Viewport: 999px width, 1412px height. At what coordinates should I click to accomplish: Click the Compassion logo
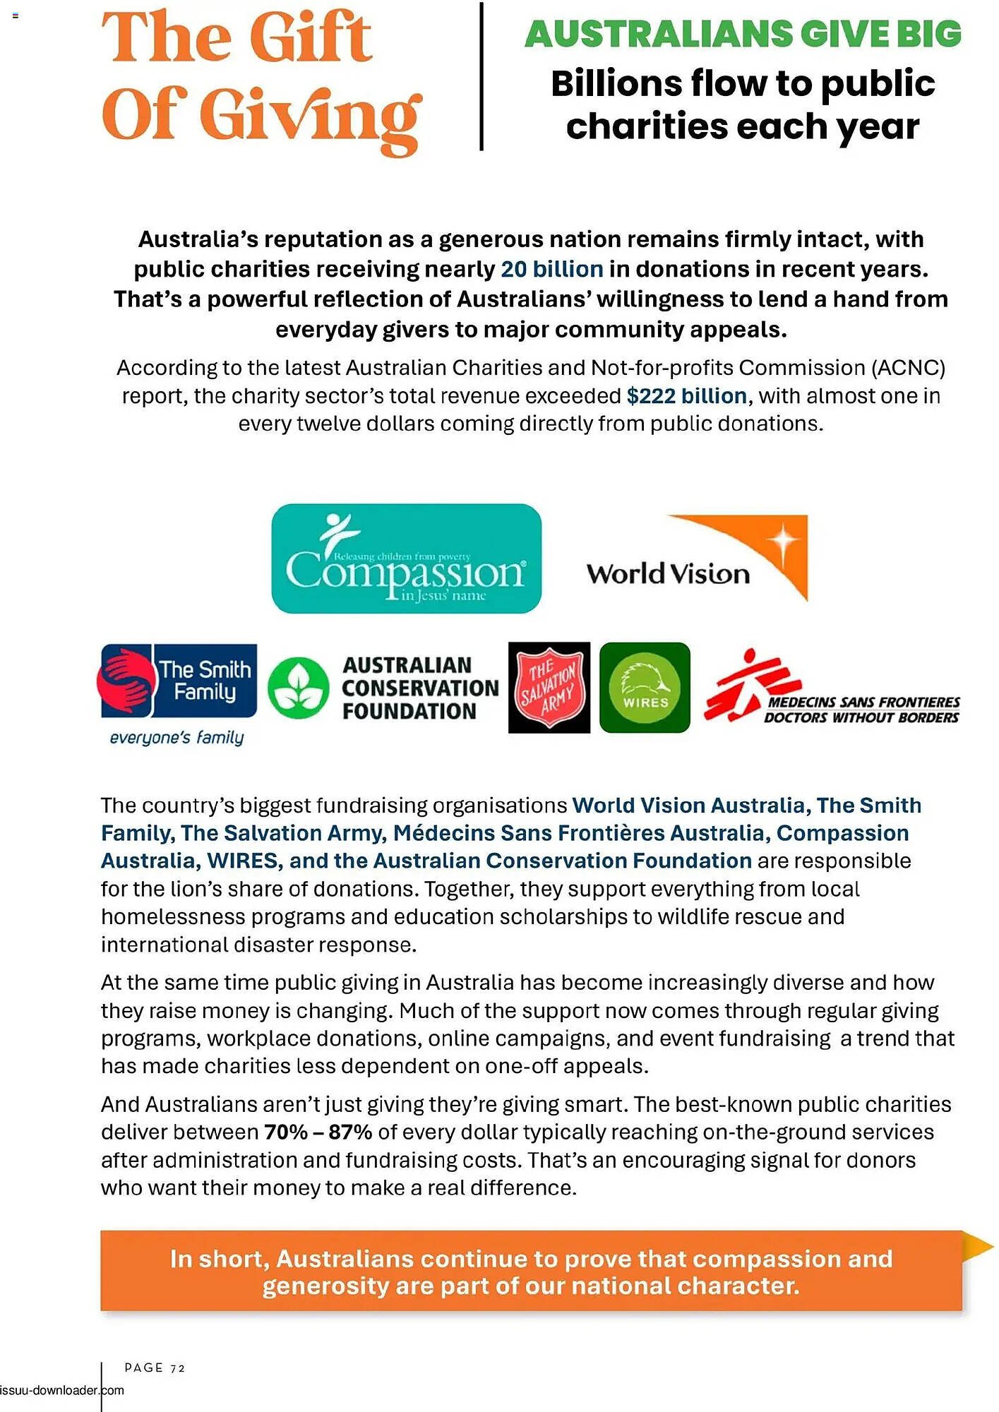[x=406, y=558]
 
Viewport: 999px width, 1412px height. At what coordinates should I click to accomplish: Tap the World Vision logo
[x=697, y=559]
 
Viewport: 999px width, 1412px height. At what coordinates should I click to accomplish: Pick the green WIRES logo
[x=645, y=688]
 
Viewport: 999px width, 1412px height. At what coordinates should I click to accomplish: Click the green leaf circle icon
[x=299, y=688]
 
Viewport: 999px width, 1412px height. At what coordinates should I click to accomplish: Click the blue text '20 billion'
[x=552, y=269]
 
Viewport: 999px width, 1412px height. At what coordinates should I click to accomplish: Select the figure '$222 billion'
[x=686, y=396]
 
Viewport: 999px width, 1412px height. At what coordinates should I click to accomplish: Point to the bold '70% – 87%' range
[x=318, y=1132]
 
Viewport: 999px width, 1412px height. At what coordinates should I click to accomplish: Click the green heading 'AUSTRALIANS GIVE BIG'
[x=743, y=34]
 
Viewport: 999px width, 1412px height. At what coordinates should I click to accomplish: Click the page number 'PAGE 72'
[x=155, y=1368]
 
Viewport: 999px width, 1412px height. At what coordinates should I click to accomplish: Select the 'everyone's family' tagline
[x=177, y=738]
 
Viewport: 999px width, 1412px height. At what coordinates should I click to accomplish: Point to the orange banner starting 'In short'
[x=531, y=1272]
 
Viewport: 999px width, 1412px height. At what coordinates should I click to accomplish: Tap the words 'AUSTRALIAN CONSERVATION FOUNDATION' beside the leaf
[x=419, y=688]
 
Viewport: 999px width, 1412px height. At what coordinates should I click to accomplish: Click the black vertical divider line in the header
[x=481, y=76]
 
